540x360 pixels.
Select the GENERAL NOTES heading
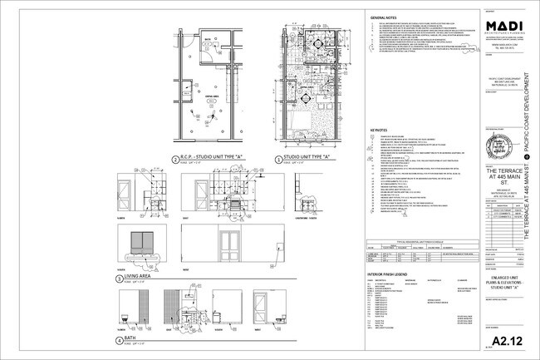[383, 17]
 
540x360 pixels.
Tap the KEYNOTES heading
[378, 130]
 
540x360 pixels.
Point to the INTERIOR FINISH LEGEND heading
[391, 272]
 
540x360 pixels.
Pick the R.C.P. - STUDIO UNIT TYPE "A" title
[209, 155]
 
